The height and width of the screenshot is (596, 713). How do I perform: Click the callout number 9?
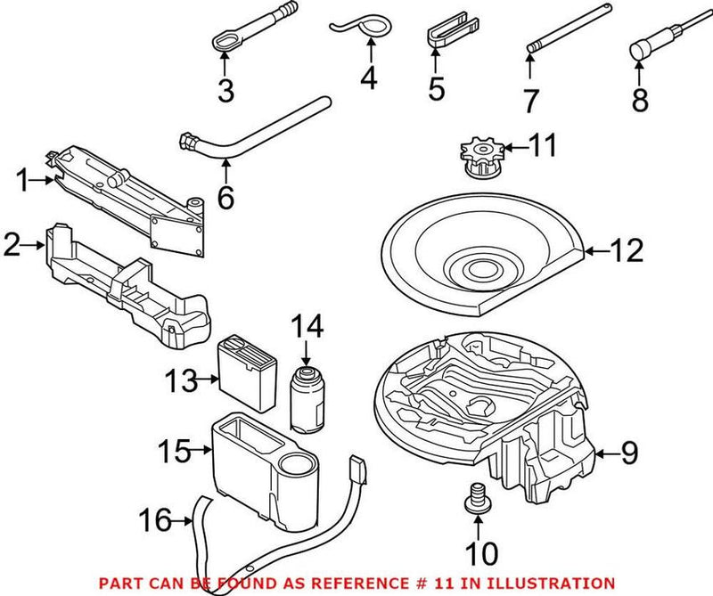coord(629,455)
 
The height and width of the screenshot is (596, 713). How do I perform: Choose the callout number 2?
coord(12,243)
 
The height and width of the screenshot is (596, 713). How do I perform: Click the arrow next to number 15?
coord(201,453)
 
